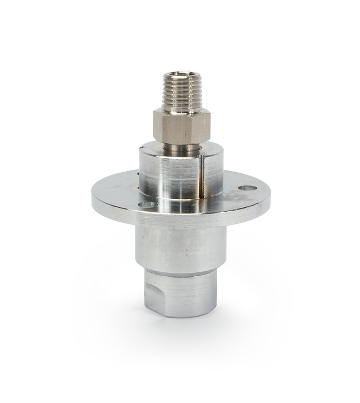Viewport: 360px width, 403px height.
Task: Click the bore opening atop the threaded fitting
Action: (x=180, y=75)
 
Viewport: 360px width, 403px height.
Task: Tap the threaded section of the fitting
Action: (x=180, y=92)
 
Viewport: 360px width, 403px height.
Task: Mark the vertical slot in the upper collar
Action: (x=202, y=173)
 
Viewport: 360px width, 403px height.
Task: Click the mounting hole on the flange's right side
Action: (x=248, y=188)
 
